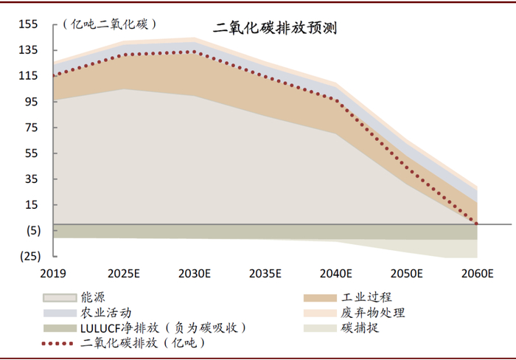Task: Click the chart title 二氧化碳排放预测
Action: tap(275, 28)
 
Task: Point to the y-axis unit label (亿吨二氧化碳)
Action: tap(109, 24)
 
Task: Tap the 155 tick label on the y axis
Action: tap(28, 24)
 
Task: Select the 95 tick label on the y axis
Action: tap(32, 102)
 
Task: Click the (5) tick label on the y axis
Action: tap(34, 231)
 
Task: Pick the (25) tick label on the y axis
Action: tap(30, 256)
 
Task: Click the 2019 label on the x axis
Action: tap(53, 274)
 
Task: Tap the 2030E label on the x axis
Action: tap(195, 274)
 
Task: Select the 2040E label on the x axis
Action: tap(336, 274)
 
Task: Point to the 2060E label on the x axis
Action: tap(478, 274)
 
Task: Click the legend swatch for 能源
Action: tap(60, 298)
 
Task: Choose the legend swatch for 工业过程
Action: tap(320, 298)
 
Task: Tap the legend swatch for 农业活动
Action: tap(60, 313)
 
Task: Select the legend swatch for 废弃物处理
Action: tap(320, 313)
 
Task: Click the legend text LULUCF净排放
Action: tap(119, 328)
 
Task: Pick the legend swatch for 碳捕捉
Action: tap(320, 328)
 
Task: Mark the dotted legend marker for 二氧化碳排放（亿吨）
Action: tap(57, 344)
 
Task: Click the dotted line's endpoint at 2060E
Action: tap(476, 224)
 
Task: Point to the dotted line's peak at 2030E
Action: tap(194, 52)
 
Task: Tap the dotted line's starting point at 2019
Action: tap(54, 76)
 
